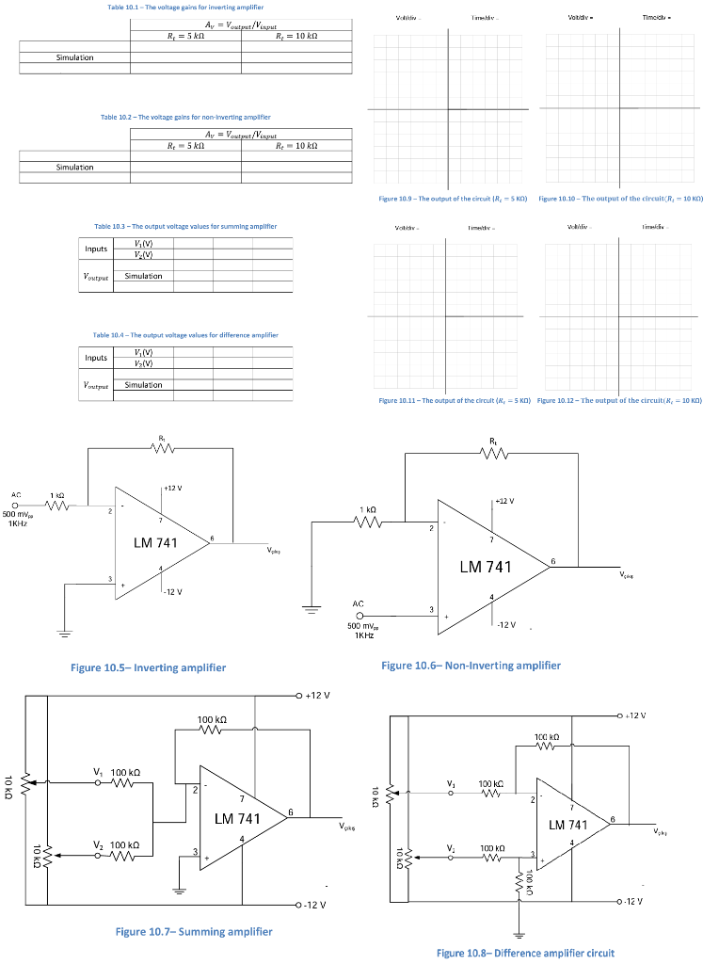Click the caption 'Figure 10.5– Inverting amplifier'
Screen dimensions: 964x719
(x=148, y=667)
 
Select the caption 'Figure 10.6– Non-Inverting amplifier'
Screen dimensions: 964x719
(x=471, y=666)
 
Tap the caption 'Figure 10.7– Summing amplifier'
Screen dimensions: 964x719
(x=193, y=931)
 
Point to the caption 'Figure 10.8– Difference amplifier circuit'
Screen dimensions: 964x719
(x=525, y=953)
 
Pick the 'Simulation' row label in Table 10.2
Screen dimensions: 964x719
(x=74, y=167)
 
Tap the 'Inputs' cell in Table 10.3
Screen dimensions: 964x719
(x=96, y=249)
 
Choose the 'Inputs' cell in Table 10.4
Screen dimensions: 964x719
(x=96, y=358)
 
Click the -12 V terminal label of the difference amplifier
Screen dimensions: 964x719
(x=633, y=901)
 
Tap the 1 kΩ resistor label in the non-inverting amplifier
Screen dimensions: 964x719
(x=368, y=509)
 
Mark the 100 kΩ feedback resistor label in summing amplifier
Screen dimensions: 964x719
(x=210, y=719)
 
